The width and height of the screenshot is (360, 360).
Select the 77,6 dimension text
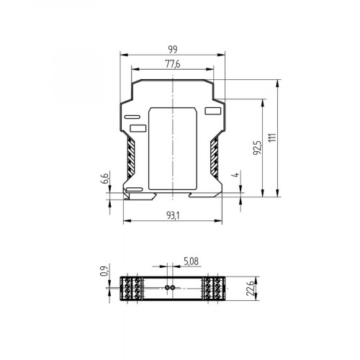(x=174, y=64)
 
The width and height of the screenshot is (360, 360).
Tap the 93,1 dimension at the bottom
(x=174, y=215)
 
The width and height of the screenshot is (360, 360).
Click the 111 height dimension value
(x=271, y=136)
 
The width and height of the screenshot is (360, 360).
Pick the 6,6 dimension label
(x=104, y=178)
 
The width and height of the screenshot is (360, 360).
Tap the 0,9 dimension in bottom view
(x=104, y=270)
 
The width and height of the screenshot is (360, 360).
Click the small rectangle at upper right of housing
(x=212, y=111)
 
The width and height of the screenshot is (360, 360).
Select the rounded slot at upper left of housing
(x=133, y=116)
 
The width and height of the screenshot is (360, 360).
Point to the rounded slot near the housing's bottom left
(x=134, y=189)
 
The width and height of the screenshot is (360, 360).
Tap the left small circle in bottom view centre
(x=168, y=287)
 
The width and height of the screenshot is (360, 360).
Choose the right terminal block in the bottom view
(x=214, y=287)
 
